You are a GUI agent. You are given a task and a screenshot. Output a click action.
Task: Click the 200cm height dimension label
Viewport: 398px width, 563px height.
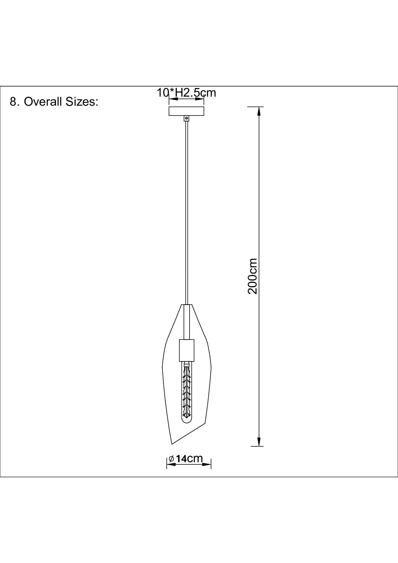[x=252, y=276]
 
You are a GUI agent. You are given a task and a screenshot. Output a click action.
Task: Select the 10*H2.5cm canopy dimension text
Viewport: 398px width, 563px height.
[x=186, y=93]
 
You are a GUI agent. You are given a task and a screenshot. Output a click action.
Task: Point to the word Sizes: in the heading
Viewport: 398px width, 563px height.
[x=82, y=102]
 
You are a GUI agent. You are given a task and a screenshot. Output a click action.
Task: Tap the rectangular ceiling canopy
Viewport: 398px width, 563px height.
[x=186, y=111]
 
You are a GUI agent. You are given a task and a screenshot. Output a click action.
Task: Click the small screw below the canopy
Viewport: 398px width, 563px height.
[x=186, y=118]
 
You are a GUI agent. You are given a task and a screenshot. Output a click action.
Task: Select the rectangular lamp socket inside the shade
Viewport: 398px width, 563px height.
[x=187, y=350]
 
